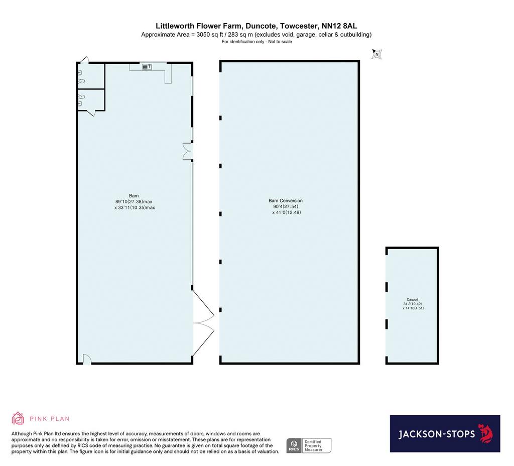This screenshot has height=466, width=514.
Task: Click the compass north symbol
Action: (376, 54)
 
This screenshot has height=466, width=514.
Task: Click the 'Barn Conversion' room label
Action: (286, 201)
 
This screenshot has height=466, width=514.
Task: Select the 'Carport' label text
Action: (413, 299)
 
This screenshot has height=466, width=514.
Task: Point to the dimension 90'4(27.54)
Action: (286, 206)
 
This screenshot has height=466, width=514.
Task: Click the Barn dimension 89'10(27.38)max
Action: (134, 202)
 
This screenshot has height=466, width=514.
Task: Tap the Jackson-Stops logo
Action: (445, 433)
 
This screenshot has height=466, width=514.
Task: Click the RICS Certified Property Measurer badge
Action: (309, 446)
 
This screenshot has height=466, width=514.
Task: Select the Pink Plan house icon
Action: (18, 418)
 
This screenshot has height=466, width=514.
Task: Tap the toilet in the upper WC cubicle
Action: (82, 81)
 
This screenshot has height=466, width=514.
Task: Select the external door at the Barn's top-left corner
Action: (84, 60)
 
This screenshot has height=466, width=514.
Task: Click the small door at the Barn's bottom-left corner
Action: (86, 359)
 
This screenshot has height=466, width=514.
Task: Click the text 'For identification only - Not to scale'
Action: (256, 42)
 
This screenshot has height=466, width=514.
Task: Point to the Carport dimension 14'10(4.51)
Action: (414, 308)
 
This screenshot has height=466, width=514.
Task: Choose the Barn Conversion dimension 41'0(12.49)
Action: (287, 212)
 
